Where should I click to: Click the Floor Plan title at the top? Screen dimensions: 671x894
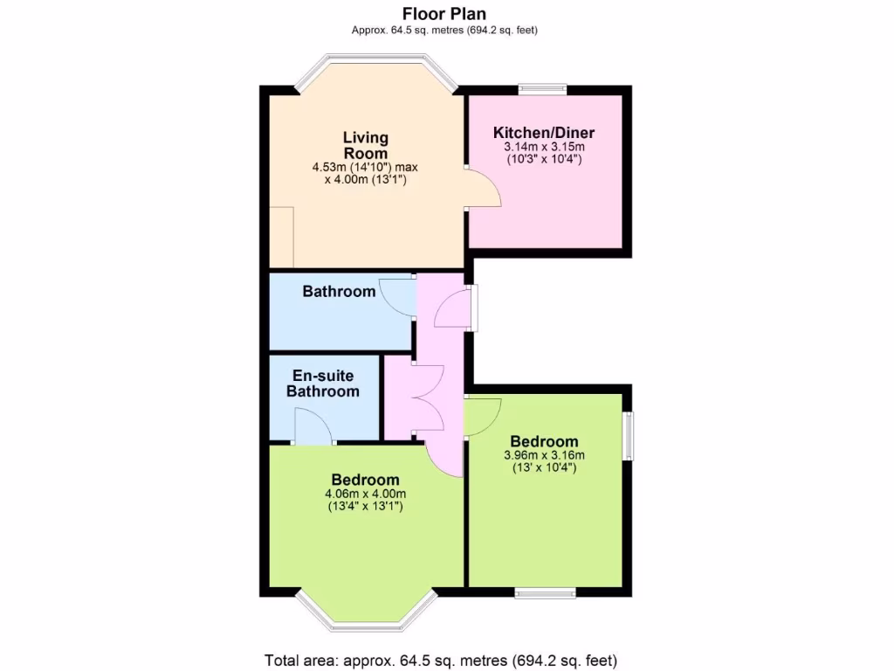pos(444,13)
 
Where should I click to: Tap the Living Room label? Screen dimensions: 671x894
pos(365,145)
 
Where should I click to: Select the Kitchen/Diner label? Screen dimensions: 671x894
pos(544,133)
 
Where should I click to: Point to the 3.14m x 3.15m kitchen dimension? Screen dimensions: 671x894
pos(544,147)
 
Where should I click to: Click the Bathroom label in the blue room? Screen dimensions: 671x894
pos(339,291)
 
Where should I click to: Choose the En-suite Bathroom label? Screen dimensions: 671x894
pos(323,384)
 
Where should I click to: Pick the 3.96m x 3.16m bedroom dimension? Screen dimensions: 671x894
pos(544,454)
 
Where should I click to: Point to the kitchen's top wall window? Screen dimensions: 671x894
pos(542,88)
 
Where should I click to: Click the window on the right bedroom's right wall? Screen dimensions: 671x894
pos(628,435)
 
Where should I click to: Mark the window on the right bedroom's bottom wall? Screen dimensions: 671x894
pos(545,593)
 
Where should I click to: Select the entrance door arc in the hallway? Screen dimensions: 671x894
pos(452,308)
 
